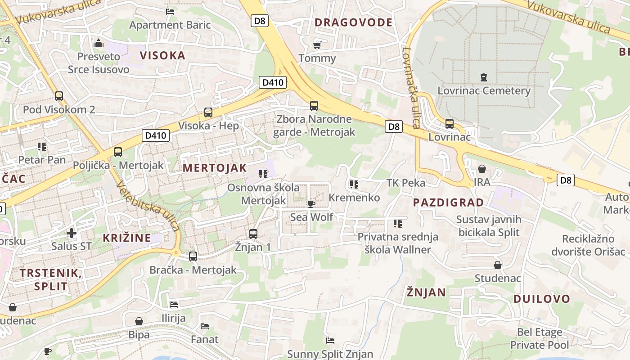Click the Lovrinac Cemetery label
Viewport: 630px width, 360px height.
click(x=484, y=90)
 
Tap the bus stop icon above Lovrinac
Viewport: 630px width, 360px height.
click(x=449, y=124)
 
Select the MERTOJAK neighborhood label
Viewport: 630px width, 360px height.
click(x=215, y=168)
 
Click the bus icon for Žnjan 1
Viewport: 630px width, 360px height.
click(x=253, y=234)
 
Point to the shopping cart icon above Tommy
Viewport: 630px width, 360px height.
click(x=317, y=45)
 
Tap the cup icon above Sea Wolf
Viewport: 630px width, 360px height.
click(x=311, y=204)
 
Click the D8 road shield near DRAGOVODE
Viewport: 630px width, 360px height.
click(x=260, y=21)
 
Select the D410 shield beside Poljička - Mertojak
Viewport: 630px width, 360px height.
click(x=156, y=135)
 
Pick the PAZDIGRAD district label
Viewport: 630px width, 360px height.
click(x=448, y=202)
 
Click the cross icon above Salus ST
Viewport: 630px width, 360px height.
click(x=71, y=233)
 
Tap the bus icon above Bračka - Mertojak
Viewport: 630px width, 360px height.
click(x=193, y=256)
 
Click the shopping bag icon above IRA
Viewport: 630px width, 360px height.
click(x=481, y=169)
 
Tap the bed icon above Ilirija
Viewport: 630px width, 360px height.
click(x=174, y=305)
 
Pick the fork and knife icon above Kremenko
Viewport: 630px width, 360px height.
click(x=354, y=184)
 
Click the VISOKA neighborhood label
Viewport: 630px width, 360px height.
click(x=162, y=55)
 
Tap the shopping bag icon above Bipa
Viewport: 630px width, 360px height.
click(x=139, y=321)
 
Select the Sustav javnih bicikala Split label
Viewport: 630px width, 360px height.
click(x=488, y=226)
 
